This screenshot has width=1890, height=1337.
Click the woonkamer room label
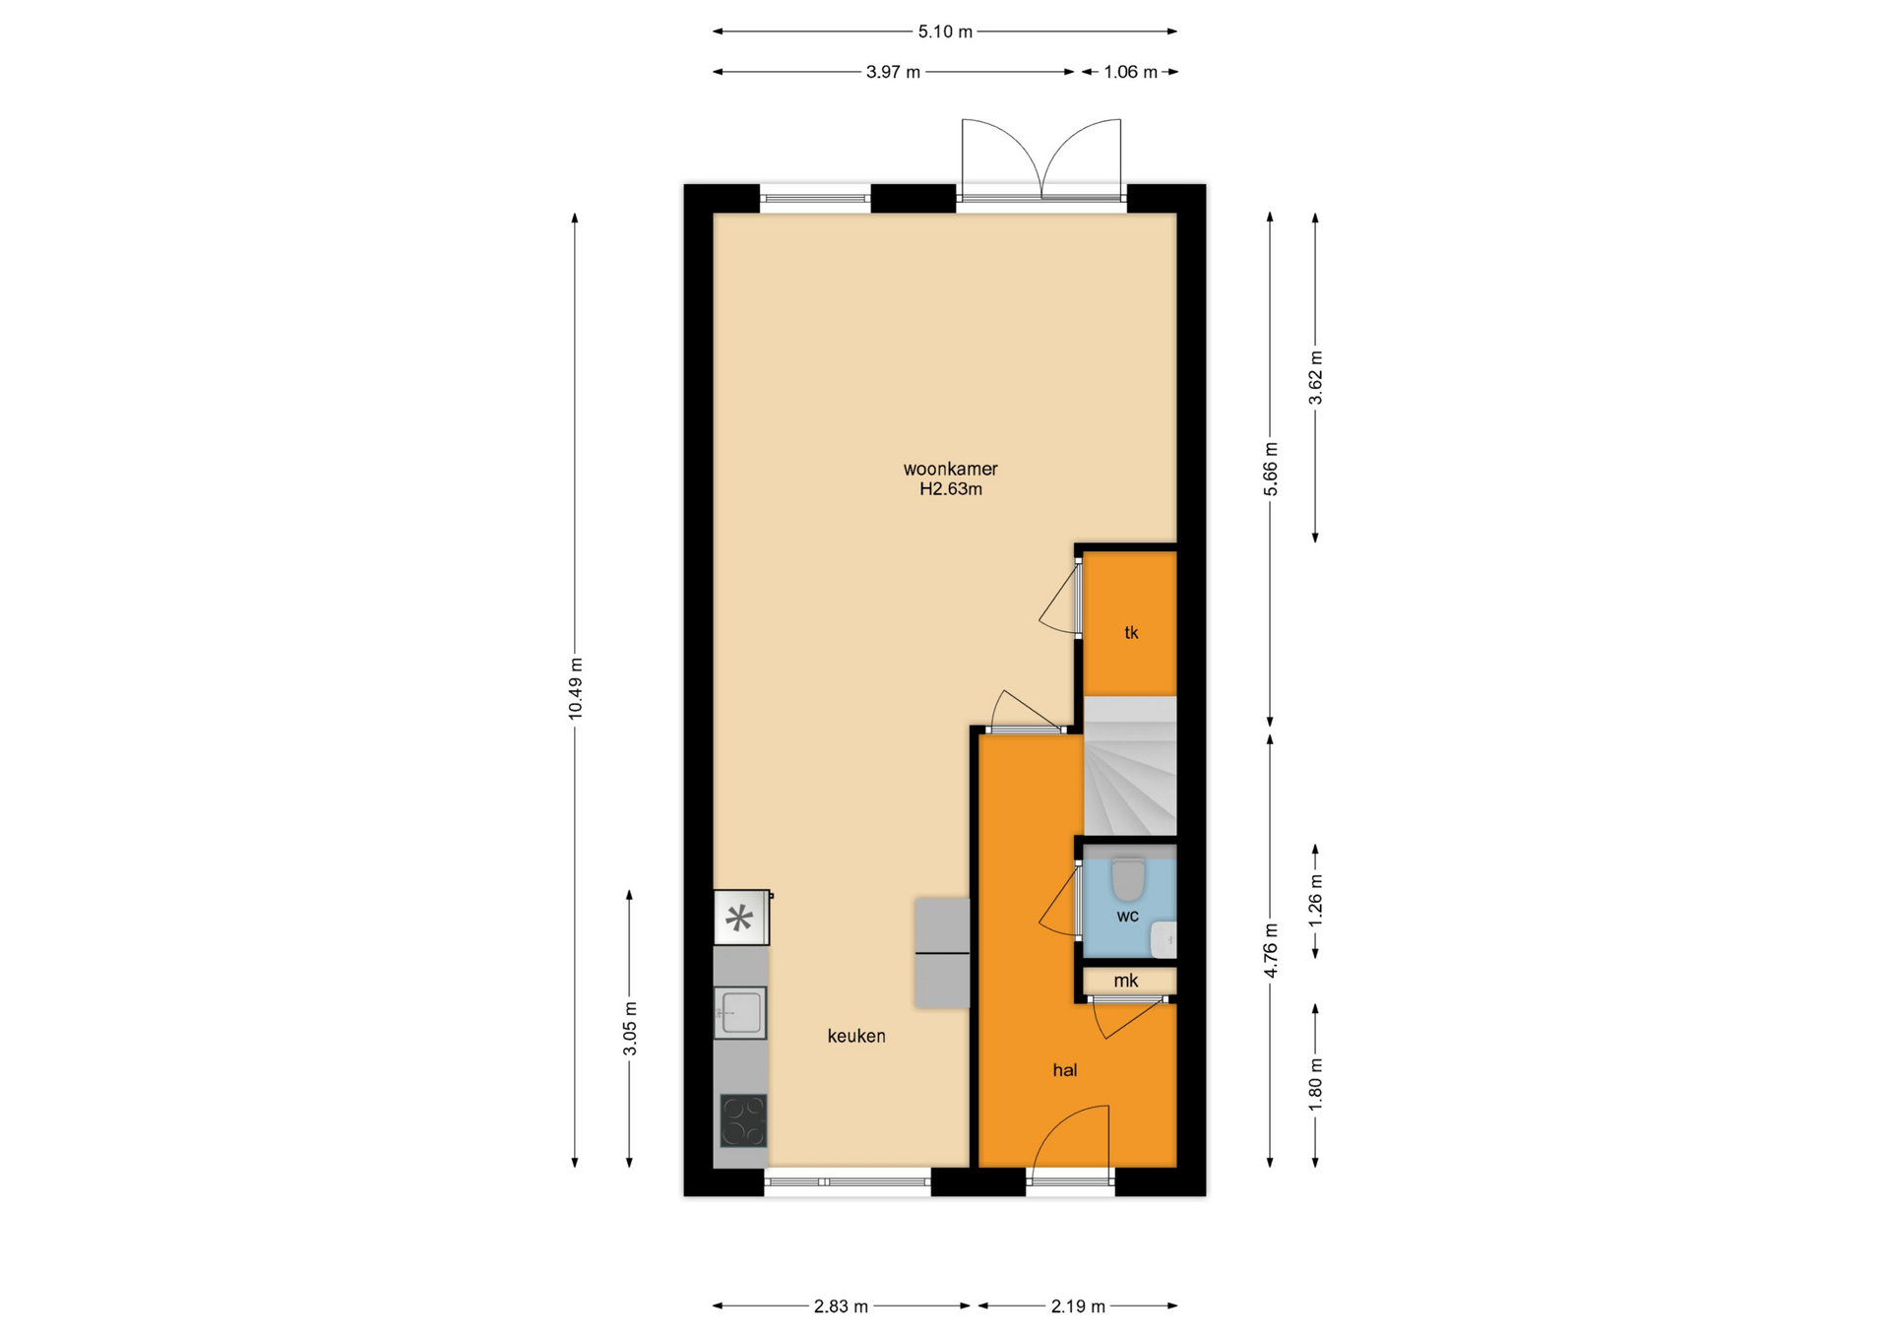coord(950,470)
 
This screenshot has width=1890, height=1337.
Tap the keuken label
coord(856,1036)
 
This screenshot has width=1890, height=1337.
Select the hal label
coord(1065,1070)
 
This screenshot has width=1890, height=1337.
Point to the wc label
coord(1128,917)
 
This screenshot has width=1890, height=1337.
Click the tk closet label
coord(1131,633)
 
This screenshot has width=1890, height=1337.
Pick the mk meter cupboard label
coord(1126,981)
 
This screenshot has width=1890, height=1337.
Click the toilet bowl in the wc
coord(1128,879)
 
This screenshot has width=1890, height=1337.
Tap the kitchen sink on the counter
coord(740,1012)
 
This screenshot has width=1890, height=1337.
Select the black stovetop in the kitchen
coord(743,1120)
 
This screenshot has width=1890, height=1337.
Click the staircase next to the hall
coord(1130,767)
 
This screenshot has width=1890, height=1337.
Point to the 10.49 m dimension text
coord(575,689)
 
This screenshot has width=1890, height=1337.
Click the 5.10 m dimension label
coord(945,32)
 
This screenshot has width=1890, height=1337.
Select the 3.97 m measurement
coord(893,72)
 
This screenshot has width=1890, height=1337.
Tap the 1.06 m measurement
coord(1130,72)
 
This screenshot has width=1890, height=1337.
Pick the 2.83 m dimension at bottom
coord(841,1306)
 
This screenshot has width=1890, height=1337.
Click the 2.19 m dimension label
coord(1078,1306)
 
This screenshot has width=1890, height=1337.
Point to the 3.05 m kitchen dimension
coord(630,1029)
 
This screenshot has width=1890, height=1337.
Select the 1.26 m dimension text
coord(1315,901)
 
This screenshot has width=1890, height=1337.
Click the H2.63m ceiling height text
coord(951,489)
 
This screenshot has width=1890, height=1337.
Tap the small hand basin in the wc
coord(1165,940)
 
